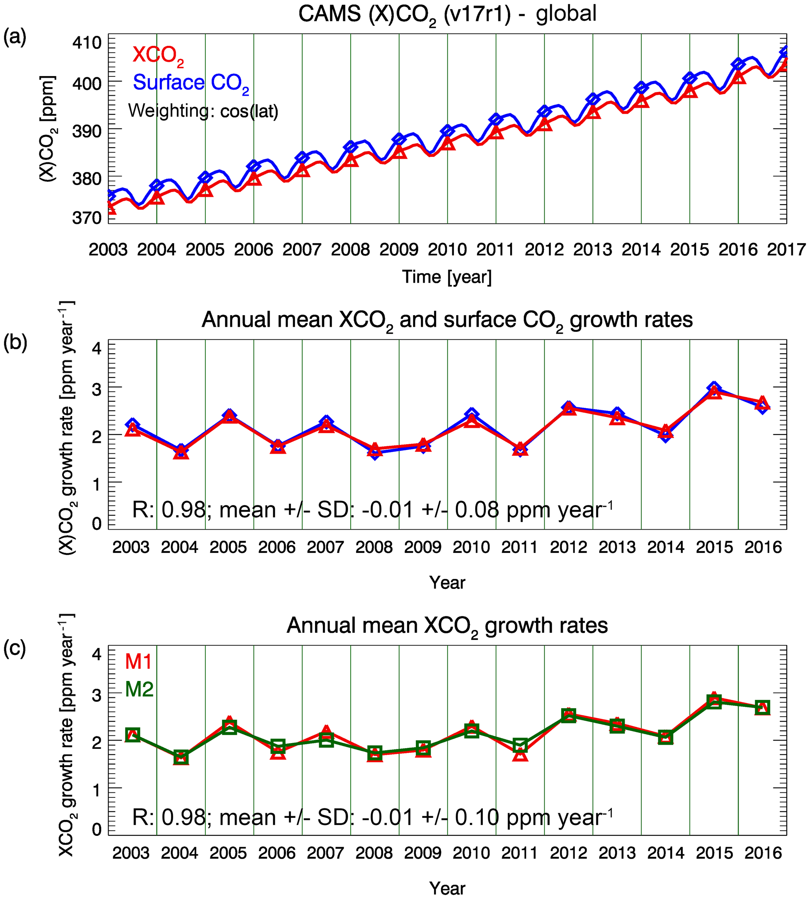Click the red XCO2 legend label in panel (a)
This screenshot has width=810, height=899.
click(x=158, y=55)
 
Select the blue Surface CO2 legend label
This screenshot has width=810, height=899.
click(x=190, y=83)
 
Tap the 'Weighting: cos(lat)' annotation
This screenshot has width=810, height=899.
click(x=203, y=111)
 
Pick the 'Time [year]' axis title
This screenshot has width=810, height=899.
click(x=447, y=277)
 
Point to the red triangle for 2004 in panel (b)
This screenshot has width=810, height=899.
click(x=181, y=453)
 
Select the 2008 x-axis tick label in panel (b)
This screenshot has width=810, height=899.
click(x=374, y=547)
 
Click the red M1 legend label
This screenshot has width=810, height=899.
click(x=139, y=662)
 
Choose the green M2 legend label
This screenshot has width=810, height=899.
click(x=139, y=689)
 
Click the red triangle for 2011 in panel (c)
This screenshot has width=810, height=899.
click(x=520, y=756)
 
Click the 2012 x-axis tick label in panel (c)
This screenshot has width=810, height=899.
click(x=568, y=853)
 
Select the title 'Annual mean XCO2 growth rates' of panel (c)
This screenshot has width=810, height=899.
click(x=447, y=626)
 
